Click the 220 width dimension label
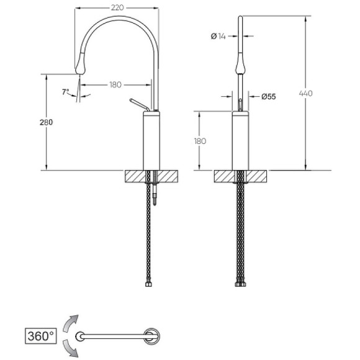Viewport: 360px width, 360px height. click(x=117, y=8)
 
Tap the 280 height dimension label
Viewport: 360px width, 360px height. click(x=46, y=122)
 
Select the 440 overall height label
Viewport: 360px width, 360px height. click(x=306, y=94)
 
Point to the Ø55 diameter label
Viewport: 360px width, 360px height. click(x=269, y=97)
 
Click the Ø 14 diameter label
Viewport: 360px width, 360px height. click(x=218, y=36)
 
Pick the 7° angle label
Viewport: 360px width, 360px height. click(x=65, y=92)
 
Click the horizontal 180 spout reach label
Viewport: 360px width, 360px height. click(x=115, y=84)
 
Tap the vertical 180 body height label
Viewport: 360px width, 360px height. click(x=200, y=141)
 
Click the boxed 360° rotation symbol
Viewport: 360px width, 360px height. click(x=40, y=336)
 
